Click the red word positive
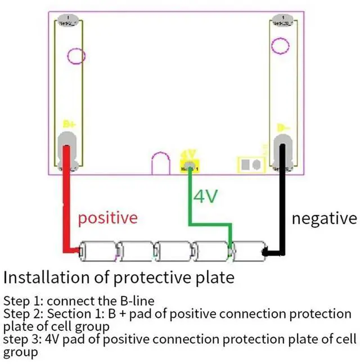(107, 217)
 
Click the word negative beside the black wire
(323, 217)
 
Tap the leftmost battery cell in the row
(98, 251)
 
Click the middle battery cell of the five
(173, 251)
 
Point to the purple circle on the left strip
(76, 56)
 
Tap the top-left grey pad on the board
(69, 21)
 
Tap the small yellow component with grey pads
(251, 165)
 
